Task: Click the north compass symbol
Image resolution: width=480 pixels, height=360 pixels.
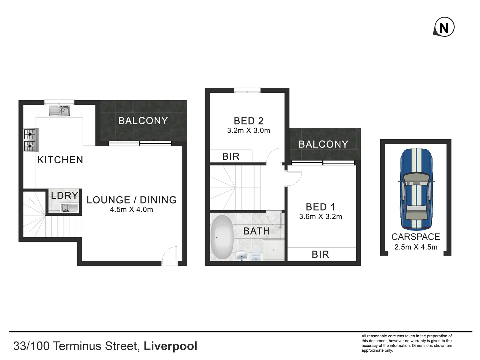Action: [444, 27]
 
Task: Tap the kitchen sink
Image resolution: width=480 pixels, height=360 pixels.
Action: [59, 111]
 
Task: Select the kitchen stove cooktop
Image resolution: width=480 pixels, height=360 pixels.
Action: [31, 140]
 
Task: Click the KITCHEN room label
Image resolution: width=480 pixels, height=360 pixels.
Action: [60, 160]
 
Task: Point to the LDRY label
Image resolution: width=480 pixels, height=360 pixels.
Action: [65, 195]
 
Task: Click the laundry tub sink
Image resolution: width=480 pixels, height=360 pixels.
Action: [69, 208]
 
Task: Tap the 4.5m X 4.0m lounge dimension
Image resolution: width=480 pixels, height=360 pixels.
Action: [131, 210]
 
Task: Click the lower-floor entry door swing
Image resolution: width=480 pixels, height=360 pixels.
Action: [170, 256]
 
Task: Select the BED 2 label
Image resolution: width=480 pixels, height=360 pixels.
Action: [248, 121]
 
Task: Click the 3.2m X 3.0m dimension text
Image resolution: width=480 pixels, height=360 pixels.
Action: [248, 131]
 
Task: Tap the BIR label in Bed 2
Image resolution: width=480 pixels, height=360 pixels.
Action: [231, 156]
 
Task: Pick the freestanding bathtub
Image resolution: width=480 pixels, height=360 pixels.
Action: [222, 237]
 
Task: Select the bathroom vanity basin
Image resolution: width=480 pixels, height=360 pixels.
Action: [241, 256]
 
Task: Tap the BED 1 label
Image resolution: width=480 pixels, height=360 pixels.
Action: [320, 207]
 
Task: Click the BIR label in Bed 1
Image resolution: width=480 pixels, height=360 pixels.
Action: [320, 255]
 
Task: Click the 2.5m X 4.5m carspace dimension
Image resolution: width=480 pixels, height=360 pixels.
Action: [416, 247]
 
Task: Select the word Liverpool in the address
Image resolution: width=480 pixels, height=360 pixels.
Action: [170, 346]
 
